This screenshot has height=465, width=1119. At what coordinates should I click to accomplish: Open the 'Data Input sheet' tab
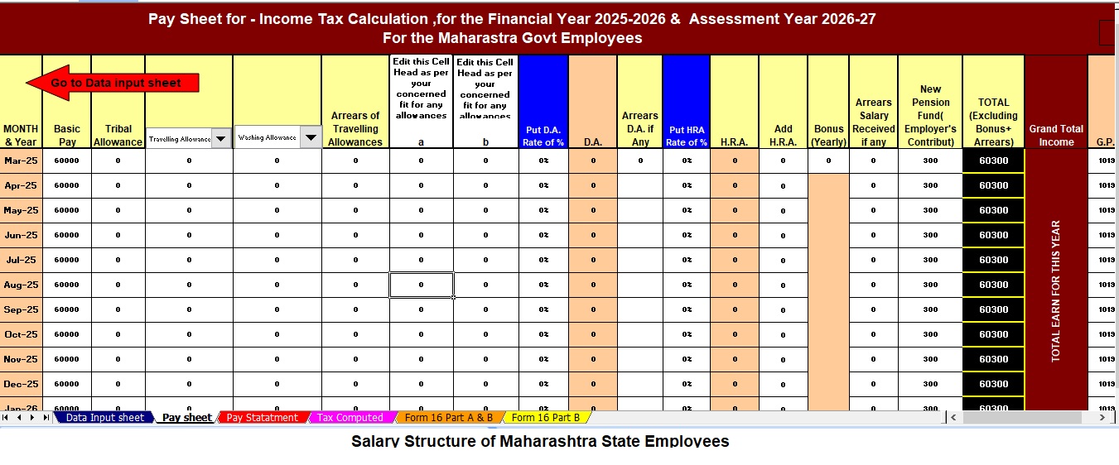click(104, 418)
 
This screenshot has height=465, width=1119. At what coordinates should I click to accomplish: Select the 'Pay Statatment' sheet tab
click(262, 418)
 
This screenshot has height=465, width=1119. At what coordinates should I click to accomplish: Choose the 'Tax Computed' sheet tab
click(350, 418)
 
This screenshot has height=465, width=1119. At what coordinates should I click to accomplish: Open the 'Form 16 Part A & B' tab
click(448, 418)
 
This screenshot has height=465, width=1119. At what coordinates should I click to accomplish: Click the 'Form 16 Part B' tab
click(546, 418)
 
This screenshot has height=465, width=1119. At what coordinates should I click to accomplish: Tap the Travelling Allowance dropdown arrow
click(221, 139)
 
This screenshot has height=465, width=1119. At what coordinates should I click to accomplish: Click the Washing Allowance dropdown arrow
click(310, 138)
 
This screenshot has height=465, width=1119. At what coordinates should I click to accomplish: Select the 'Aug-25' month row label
click(21, 285)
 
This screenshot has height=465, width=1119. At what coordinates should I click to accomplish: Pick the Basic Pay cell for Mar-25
click(66, 161)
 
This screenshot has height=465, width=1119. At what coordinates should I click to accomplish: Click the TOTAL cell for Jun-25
click(993, 235)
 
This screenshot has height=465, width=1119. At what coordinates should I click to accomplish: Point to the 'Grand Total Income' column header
click(1056, 135)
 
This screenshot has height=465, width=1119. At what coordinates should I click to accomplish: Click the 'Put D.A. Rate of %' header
click(543, 135)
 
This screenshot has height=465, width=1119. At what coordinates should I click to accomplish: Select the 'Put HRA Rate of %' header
click(686, 136)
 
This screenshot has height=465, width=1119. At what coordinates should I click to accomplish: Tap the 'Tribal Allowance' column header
click(118, 135)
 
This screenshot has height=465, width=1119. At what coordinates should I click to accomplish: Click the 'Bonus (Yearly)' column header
click(828, 135)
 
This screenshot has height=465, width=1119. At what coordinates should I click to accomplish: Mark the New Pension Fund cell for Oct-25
click(930, 334)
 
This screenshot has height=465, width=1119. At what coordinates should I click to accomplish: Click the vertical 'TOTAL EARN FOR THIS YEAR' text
click(1056, 290)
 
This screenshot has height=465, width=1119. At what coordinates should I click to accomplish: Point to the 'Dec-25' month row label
click(21, 384)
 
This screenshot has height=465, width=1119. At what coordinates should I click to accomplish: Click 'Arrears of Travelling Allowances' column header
click(355, 128)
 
